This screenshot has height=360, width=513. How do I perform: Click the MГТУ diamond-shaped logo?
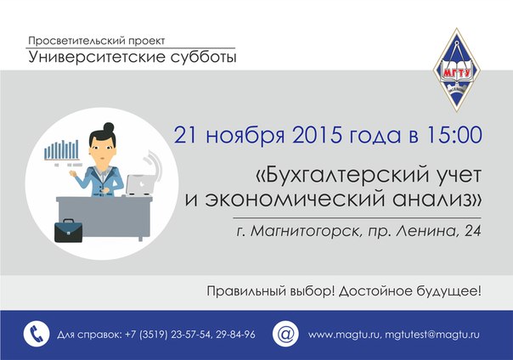click(456, 70)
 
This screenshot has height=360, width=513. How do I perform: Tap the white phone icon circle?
click(37, 334)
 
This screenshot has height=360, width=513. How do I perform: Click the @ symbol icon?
click(285, 334)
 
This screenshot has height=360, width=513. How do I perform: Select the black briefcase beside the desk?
click(69, 231)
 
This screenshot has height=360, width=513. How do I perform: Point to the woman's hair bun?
click(109, 127)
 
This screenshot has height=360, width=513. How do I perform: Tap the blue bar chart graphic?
click(61, 150)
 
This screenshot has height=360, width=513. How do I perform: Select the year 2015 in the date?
click(317, 135)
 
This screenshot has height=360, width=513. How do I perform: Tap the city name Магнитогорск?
click(305, 232)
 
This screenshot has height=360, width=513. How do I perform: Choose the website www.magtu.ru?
click(343, 335)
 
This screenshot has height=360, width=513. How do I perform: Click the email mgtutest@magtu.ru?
click(432, 335)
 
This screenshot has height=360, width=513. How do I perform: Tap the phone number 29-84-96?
click(235, 335)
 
